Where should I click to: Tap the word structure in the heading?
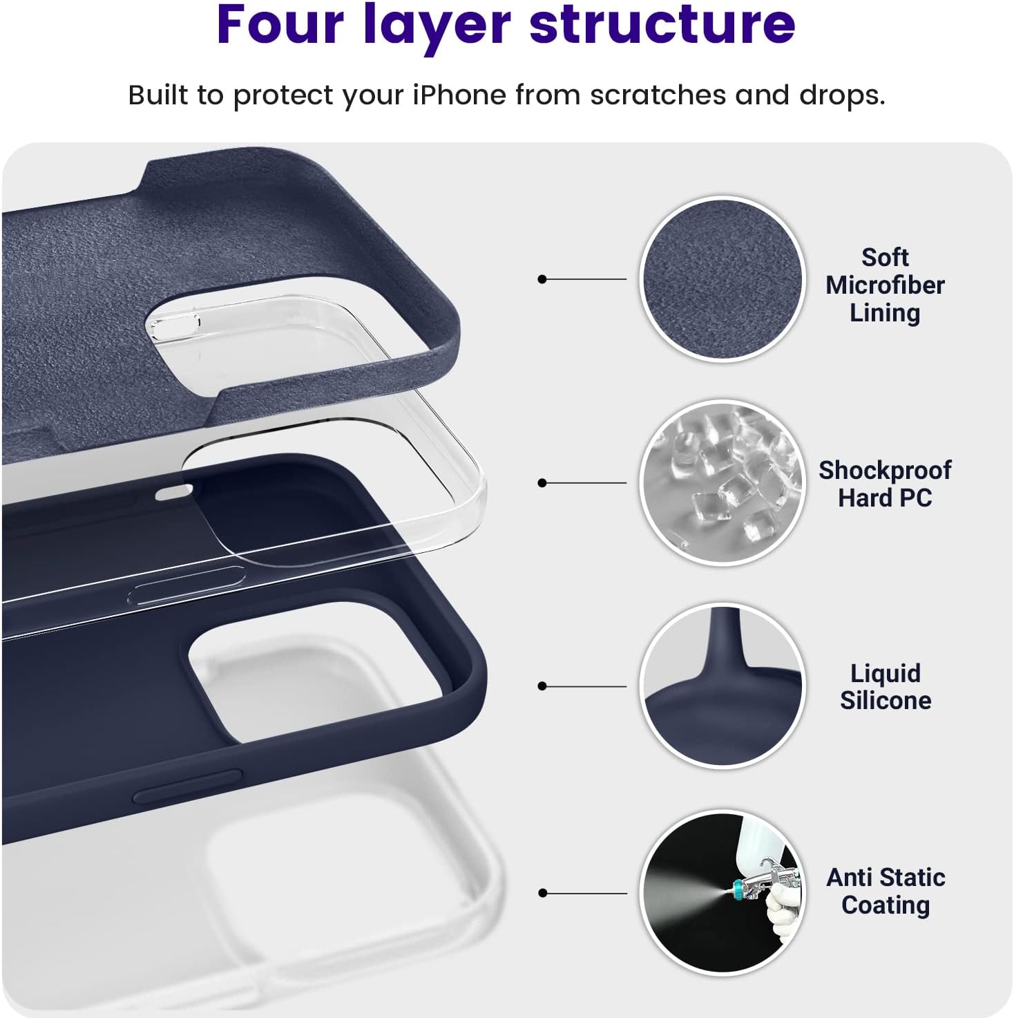pos(662,26)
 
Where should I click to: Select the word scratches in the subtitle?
pos(658,95)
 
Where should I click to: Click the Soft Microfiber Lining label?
pos(885,285)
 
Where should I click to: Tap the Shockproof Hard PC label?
pos(885,484)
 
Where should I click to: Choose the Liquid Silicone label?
pos(886,687)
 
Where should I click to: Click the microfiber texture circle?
pos(723,279)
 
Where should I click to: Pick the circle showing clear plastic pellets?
pos(723,483)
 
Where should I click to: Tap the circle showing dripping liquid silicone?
pos(723,686)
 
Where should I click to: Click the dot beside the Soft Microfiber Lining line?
pos(542,279)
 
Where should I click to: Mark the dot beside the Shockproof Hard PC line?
pos(542,483)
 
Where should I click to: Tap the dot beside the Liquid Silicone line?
pos(542,686)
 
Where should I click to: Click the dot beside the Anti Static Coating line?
pos(542,892)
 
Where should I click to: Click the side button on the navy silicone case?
pos(187,786)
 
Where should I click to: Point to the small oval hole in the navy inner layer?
pos(175,492)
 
